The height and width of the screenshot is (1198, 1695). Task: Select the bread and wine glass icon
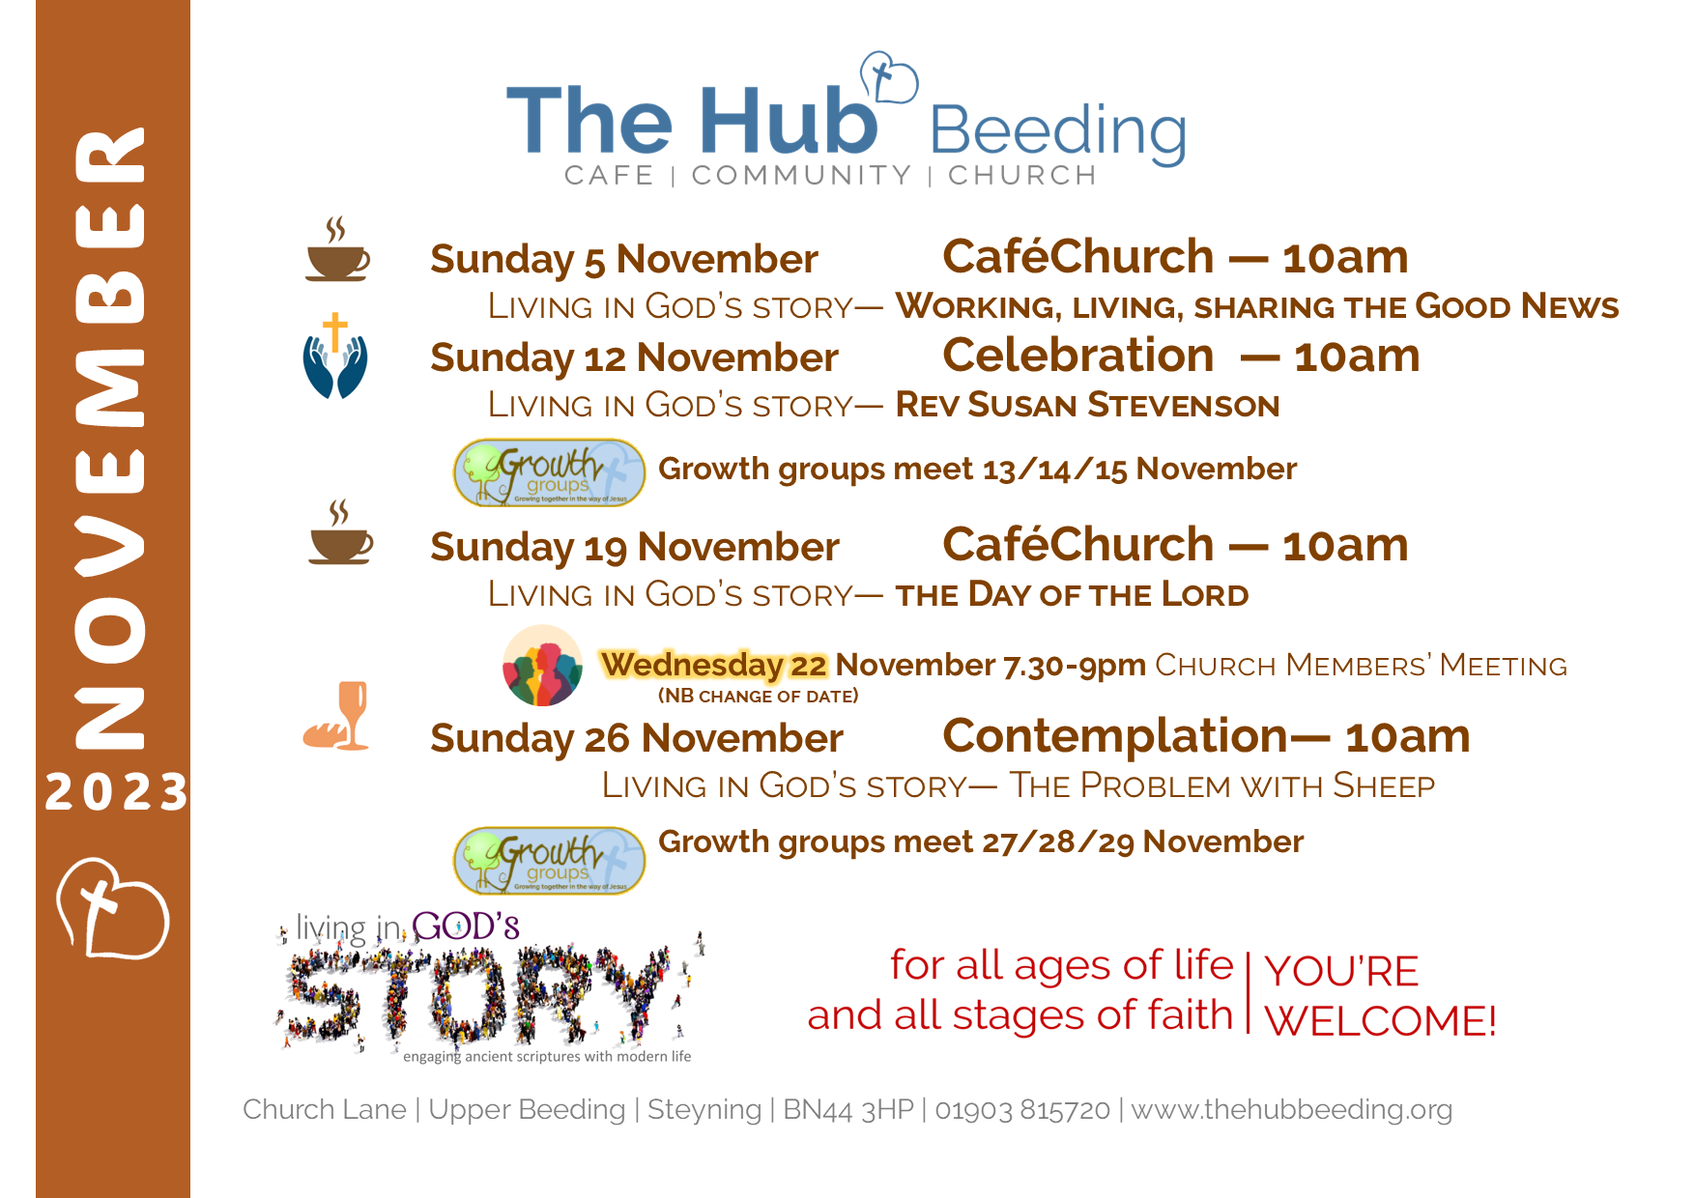coord(336,716)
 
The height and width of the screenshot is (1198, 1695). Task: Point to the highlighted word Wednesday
coord(692,665)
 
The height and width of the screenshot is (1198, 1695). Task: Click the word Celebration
coord(1078,356)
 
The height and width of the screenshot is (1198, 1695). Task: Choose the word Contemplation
coord(1115,737)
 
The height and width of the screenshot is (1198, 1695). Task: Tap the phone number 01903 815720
coord(1022,1109)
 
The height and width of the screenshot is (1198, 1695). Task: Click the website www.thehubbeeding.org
coord(1292,1109)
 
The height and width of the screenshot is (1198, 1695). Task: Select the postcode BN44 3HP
coord(848,1109)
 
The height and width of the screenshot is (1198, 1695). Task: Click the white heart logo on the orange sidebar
coord(112,908)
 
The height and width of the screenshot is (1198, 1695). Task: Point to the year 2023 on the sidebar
coord(116,792)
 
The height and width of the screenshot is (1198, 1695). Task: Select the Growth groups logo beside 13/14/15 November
coord(549,472)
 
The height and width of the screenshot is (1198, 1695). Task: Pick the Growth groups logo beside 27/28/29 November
coord(549,860)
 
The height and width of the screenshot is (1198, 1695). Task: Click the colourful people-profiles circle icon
coord(543,666)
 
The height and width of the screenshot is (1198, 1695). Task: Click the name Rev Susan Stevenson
coord(1087,405)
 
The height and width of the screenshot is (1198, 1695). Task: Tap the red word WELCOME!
coord(1381,1021)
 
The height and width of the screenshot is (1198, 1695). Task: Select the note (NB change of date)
coord(758,696)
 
